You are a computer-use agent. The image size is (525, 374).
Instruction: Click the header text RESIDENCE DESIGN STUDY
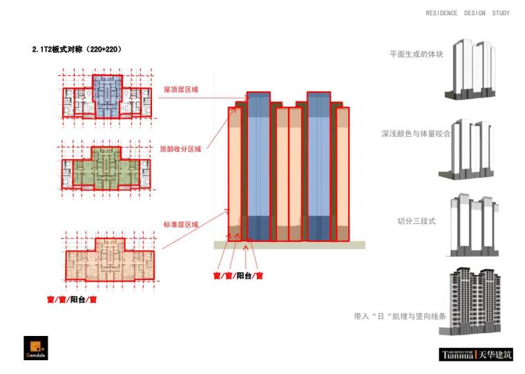[x=468, y=13]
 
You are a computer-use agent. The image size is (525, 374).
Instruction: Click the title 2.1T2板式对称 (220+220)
[x=77, y=50]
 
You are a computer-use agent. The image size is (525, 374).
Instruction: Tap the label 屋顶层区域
[x=180, y=89]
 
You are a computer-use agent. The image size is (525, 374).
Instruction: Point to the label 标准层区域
[x=181, y=225]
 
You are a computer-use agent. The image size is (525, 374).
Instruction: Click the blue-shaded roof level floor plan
[x=106, y=95]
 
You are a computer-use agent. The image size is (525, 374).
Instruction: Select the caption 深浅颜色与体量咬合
[x=416, y=133]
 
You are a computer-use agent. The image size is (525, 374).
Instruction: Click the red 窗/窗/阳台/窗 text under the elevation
[x=238, y=275]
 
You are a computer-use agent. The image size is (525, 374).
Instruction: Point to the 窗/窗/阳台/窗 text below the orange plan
[x=70, y=299]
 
